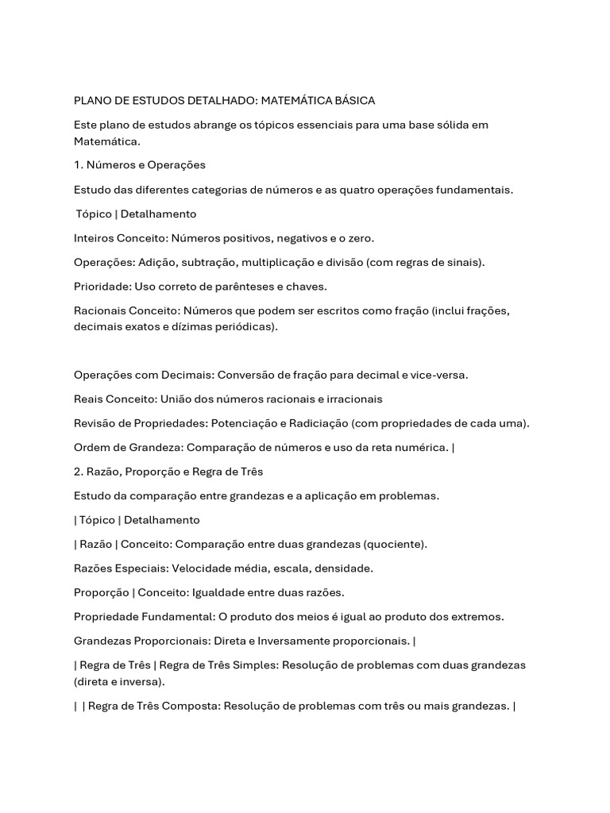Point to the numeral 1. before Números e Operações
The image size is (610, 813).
(x=78, y=165)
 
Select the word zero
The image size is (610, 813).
(x=361, y=238)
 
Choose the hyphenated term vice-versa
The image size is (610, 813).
(x=440, y=375)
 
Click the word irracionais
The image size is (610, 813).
(x=352, y=399)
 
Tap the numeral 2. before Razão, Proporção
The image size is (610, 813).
(x=78, y=472)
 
